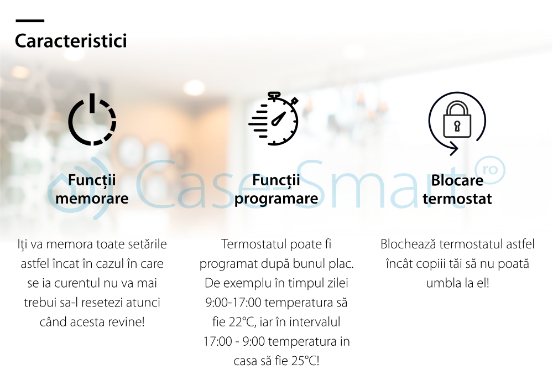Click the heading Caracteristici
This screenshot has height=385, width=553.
click(x=71, y=41)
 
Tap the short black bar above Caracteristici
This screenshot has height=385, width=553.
click(x=30, y=21)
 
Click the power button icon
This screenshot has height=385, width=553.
click(x=92, y=119)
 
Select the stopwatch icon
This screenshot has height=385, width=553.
click(x=274, y=118)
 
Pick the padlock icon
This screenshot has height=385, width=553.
click(x=457, y=119)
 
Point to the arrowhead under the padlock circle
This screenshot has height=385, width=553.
click(x=454, y=148)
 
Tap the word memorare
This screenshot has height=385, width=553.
click(x=92, y=199)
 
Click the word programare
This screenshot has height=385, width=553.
click(x=276, y=199)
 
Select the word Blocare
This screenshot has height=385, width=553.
click(x=457, y=180)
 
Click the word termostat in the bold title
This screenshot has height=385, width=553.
click(x=457, y=199)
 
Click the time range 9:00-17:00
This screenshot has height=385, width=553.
click(x=233, y=303)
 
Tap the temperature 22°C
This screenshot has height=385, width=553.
click(x=243, y=322)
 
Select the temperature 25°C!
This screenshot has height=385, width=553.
click(x=305, y=361)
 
